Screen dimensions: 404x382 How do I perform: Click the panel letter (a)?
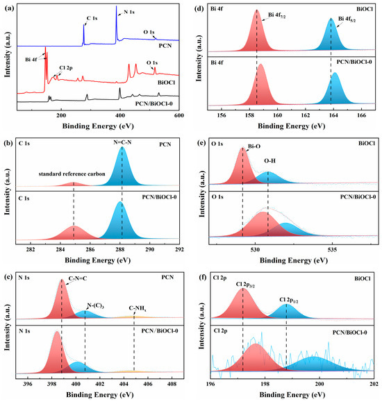tap(7, 6)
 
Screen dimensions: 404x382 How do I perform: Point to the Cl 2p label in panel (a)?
tap(65, 68)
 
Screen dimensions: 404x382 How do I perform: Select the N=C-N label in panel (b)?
tap(122, 142)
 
